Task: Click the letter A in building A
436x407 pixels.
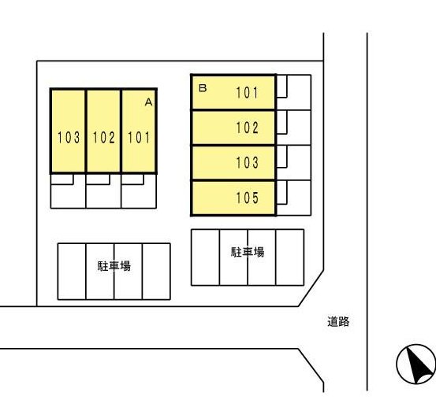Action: [148, 102]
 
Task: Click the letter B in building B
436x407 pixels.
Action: [203, 88]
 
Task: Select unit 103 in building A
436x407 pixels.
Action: [68, 131]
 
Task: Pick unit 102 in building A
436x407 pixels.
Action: [103, 131]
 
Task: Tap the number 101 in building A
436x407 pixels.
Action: [139, 138]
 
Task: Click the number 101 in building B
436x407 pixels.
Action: [248, 92]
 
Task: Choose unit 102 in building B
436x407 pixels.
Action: [233, 128]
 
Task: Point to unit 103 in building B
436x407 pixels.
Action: [233, 163]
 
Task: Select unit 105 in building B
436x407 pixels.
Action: [233, 198]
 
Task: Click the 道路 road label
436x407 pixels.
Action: [338, 321]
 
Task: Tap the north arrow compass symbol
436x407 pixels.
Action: [416, 364]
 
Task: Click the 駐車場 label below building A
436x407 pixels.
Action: [114, 266]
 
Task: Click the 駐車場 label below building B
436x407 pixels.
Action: [248, 252]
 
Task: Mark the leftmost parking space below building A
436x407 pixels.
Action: [72, 272]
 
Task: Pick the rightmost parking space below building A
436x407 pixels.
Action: [156, 272]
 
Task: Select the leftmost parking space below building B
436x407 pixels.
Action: [206, 257]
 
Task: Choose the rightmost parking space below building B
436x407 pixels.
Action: [289, 257]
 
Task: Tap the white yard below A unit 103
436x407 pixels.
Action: [68, 196]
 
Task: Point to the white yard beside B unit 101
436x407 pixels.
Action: [299, 92]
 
